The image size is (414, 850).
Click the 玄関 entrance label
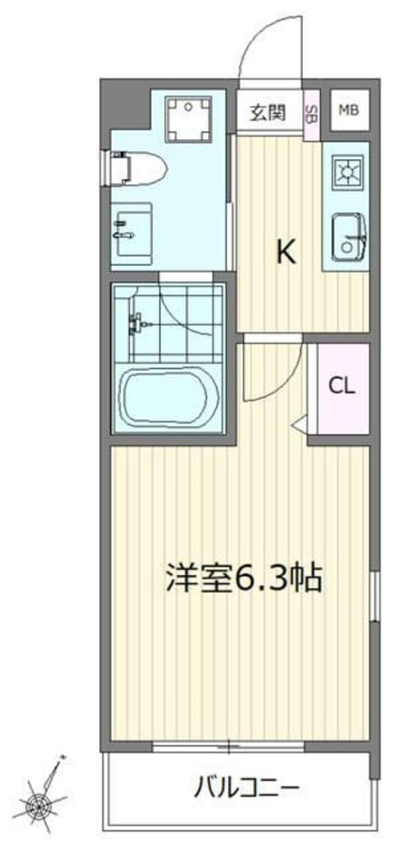(268, 113)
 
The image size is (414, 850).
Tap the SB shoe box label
(312, 113)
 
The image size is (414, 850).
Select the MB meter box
(348, 110)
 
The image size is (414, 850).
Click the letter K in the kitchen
(286, 254)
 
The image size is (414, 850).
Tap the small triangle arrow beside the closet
(299, 424)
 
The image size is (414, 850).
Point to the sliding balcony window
(228, 746)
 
